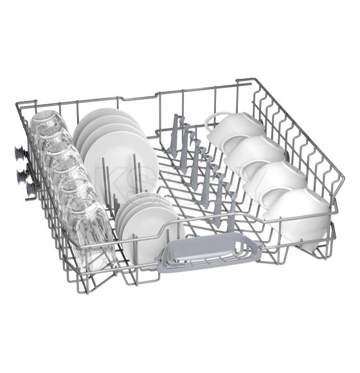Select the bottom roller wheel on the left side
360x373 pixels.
[29, 186]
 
